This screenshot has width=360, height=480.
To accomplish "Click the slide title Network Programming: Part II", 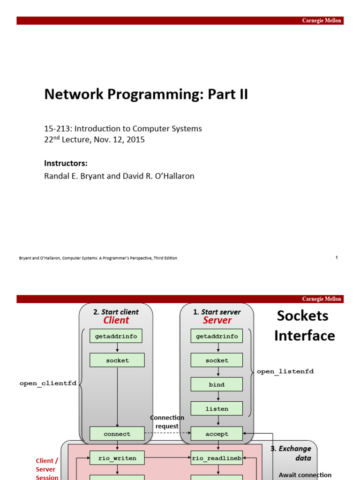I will point(146,95).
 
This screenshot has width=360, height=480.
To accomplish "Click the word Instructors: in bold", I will point(66,163).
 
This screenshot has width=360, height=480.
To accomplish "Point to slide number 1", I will point(337,257).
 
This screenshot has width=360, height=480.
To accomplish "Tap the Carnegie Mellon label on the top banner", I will point(322,21).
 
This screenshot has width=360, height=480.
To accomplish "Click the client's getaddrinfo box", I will point(116,336).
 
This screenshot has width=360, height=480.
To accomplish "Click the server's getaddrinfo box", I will point(217,336).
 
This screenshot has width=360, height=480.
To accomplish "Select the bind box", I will point(217,384).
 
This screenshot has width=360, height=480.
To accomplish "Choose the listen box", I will point(217,409).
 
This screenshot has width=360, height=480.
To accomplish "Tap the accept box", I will point(217,434).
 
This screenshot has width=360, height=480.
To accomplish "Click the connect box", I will point(117,434).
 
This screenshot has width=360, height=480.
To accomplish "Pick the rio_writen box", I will point(117,458).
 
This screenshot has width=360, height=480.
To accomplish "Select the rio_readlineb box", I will point(217,458).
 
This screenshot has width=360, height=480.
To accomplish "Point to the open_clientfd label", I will point(48,383).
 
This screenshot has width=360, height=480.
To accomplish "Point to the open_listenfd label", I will point(285,371).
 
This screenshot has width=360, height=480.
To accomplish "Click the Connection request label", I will point(167,422).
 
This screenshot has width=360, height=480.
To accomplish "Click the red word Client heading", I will point(116,321).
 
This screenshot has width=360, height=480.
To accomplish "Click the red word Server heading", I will point(217,321).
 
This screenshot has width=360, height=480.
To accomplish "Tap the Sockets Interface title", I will point(304,326).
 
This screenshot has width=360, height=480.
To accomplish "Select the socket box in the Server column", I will point(217,360).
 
